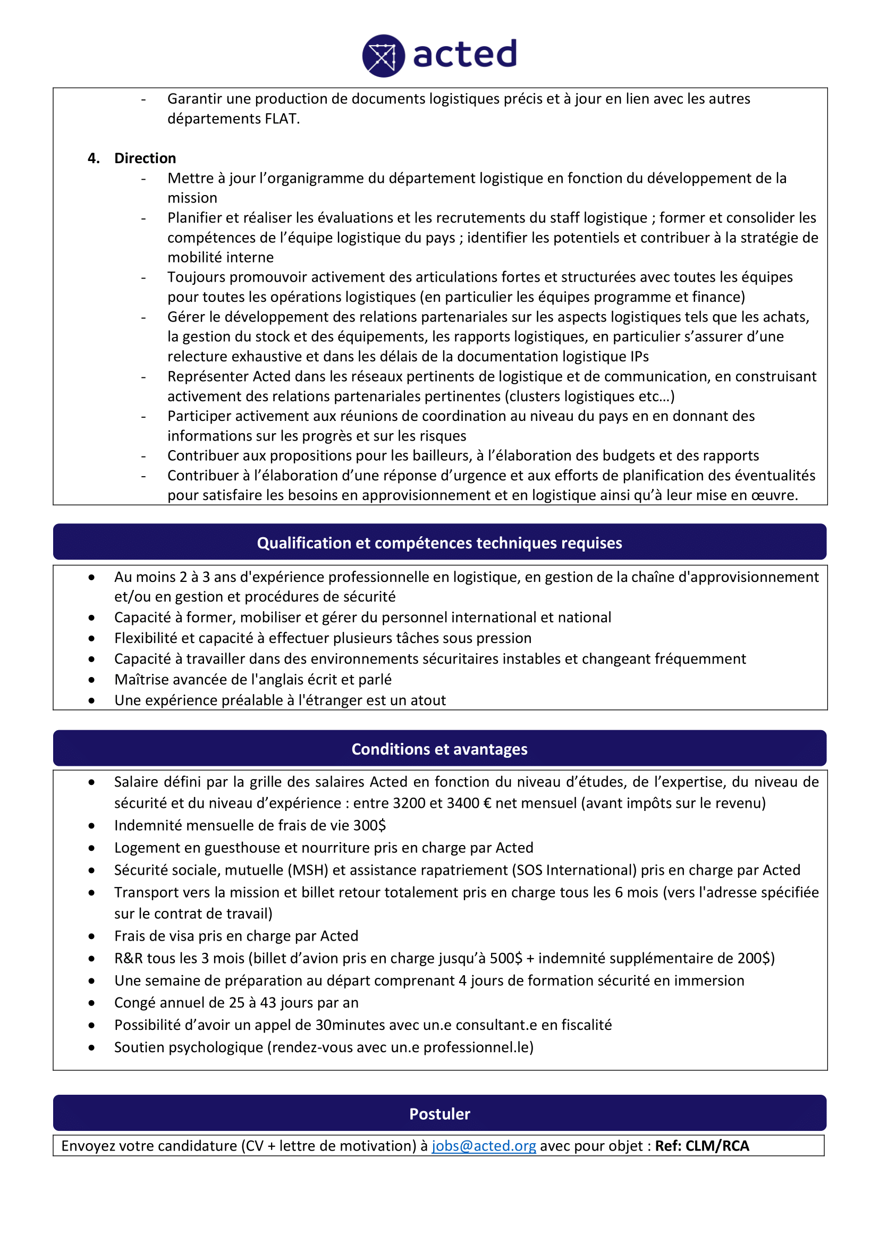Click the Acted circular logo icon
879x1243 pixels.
click(383, 56)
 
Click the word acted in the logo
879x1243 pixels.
click(465, 54)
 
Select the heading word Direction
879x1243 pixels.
click(145, 158)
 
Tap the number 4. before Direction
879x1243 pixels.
click(94, 158)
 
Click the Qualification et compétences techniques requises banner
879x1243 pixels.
click(439, 543)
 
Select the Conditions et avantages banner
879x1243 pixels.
click(439, 749)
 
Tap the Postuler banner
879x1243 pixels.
click(439, 1114)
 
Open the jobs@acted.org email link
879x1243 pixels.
click(483, 1146)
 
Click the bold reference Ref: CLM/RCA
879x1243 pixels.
click(702, 1146)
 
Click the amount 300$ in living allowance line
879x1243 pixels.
click(370, 825)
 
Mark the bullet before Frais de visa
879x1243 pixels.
click(92, 936)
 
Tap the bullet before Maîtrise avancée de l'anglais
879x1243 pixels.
click(92, 680)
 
